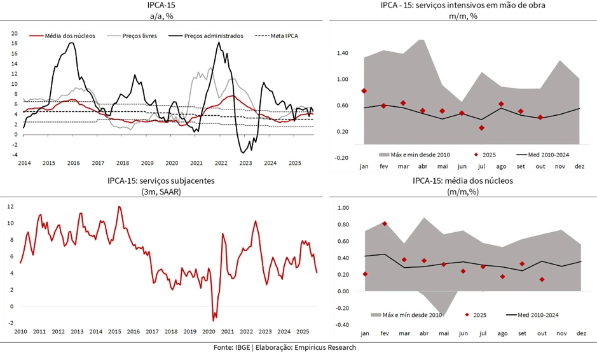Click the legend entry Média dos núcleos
pos(71,36)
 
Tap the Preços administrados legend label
pos(213,36)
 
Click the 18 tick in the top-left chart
pos(14,43)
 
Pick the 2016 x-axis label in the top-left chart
pos(74,163)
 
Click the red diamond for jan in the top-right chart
pos(364,91)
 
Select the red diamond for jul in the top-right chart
pos(482,128)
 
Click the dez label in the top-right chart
pos(579,166)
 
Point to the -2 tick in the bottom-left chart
pos(11,323)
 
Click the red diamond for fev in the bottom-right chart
pos(385,224)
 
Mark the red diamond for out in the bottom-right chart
pos(542,280)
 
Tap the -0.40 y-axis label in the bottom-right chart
pos(343,324)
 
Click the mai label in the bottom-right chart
pos(443,333)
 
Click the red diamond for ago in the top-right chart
pos(501,104)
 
